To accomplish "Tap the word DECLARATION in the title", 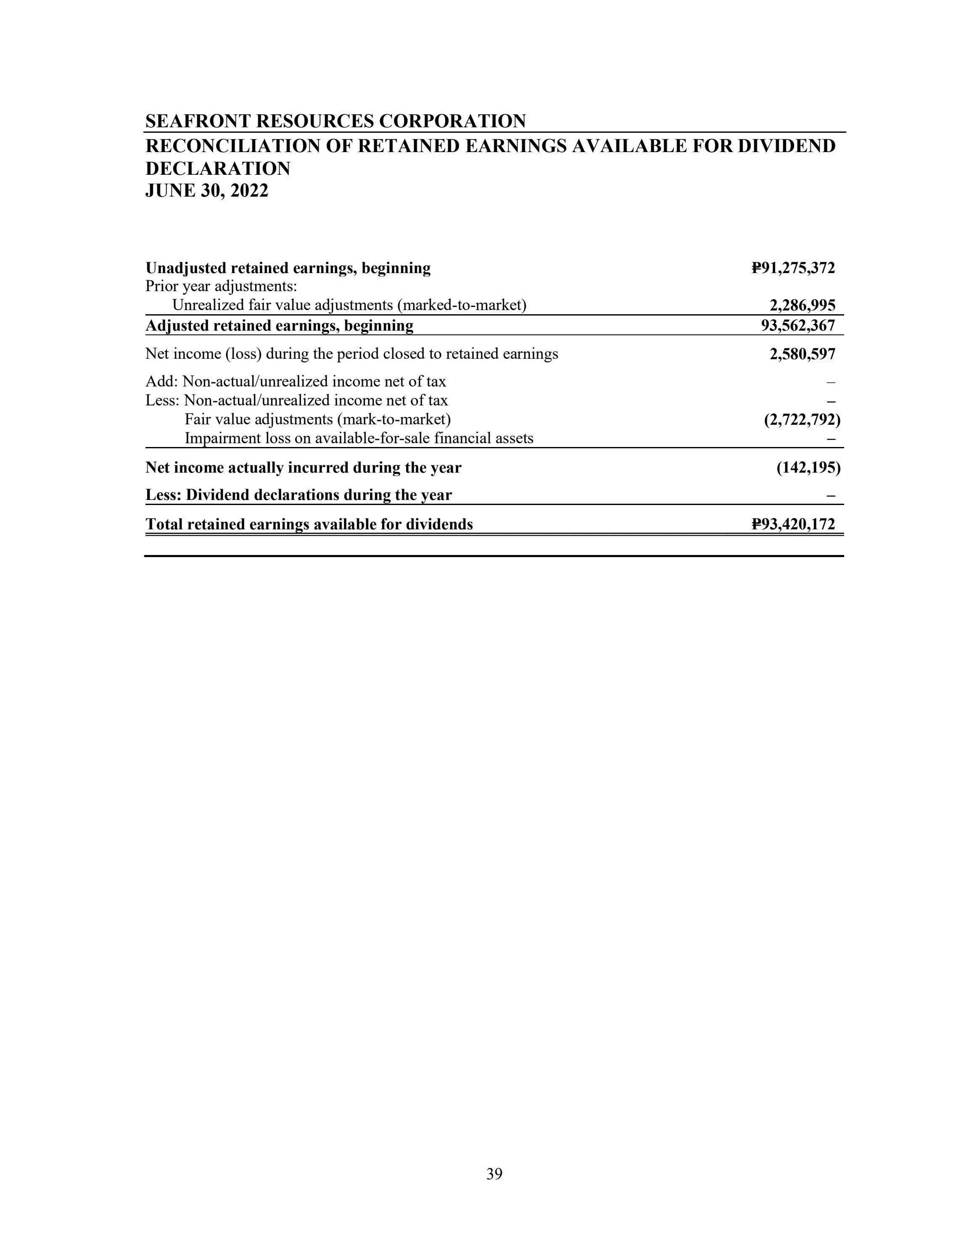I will point(218,168).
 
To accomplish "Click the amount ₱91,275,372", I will point(793,268).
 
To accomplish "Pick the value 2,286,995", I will point(802,305).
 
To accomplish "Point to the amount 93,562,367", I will point(798,326).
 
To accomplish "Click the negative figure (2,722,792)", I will point(802,420).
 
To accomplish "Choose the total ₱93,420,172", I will point(793,524).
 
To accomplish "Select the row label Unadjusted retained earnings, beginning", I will point(288,268).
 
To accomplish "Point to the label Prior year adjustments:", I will point(221,286).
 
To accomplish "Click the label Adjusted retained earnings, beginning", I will point(279,326).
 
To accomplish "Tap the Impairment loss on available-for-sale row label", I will point(359,439).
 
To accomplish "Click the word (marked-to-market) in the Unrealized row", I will point(462,305).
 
